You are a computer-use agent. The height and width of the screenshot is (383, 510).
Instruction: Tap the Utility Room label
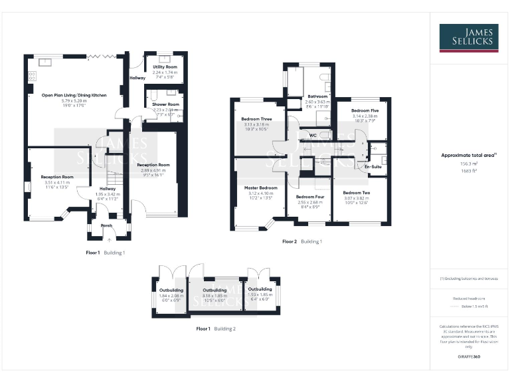[x=164, y=67]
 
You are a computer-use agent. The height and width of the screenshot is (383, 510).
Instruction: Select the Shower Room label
[x=165, y=104]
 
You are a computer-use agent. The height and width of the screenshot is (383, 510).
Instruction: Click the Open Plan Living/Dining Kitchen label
[x=74, y=96]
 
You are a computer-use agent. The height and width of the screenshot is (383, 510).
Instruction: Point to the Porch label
[x=106, y=225]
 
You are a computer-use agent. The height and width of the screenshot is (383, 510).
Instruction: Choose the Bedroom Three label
[x=256, y=119]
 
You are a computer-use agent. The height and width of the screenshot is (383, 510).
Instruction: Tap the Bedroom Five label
[x=365, y=110]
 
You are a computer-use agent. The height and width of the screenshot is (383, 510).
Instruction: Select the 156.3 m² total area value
[x=469, y=163]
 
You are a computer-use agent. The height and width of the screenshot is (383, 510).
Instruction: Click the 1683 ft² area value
[x=469, y=170]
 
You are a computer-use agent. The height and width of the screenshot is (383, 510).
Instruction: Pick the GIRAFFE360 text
[x=469, y=357]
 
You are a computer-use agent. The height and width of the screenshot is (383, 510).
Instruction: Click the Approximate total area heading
[x=469, y=155]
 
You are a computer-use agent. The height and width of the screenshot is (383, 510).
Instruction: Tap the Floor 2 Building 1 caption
[x=302, y=241]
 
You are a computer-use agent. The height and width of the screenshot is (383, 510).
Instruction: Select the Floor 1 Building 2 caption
[x=216, y=328]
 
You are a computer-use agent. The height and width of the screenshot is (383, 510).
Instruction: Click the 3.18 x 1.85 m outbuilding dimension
[x=214, y=296]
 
